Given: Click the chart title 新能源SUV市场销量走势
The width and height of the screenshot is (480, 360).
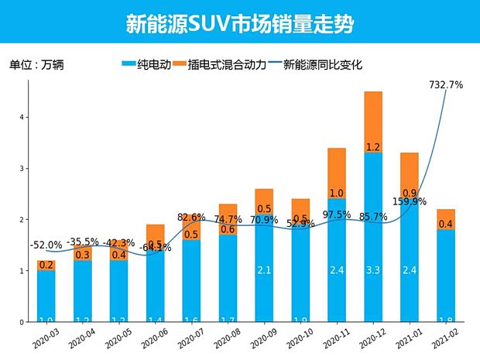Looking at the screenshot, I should coord(240,23).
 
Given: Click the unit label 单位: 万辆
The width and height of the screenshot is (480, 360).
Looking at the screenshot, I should coord(36,65).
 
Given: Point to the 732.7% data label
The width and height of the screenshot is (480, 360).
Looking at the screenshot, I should coord(445,85).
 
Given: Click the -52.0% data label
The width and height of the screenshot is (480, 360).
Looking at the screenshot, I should coord(46,245).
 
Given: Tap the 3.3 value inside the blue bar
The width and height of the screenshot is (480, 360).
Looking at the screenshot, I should coord(373,270).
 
